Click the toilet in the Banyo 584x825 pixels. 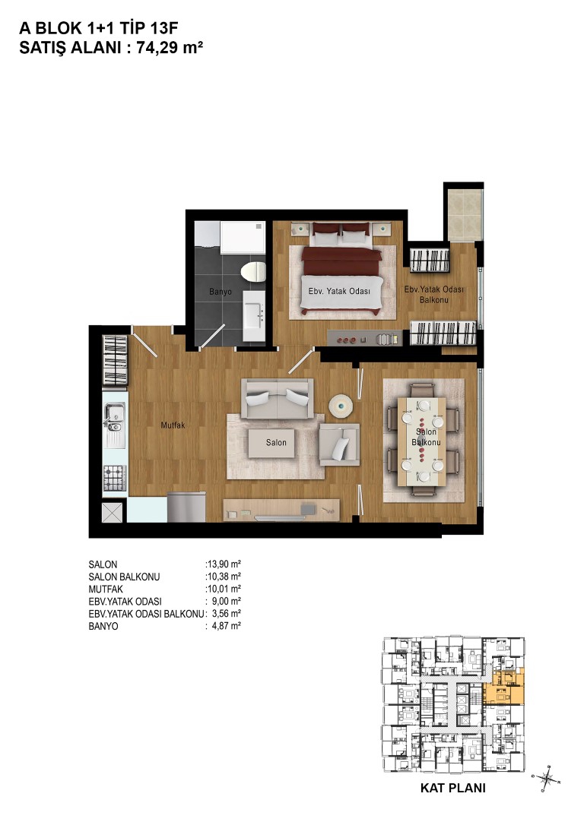click(x=253, y=271)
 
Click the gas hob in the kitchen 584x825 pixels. click(x=114, y=479)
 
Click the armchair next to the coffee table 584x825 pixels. click(x=339, y=444)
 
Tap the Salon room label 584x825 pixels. click(x=276, y=442)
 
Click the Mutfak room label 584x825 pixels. click(x=173, y=425)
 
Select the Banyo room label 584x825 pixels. click(x=220, y=292)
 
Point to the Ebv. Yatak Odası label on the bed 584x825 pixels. click(x=339, y=291)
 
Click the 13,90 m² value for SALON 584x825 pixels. click(x=224, y=564)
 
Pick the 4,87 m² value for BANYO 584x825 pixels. click(x=226, y=626)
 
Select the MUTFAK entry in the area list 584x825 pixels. click(x=106, y=589)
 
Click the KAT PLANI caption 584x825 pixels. click(x=453, y=788)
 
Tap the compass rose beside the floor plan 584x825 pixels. click(x=547, y=777)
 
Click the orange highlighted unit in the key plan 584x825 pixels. click(x=504, y=688)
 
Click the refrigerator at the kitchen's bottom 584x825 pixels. click(x=186, y=507)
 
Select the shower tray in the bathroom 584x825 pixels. click(x=242, y=237)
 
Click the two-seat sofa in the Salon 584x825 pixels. click(x=277, y=399)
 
